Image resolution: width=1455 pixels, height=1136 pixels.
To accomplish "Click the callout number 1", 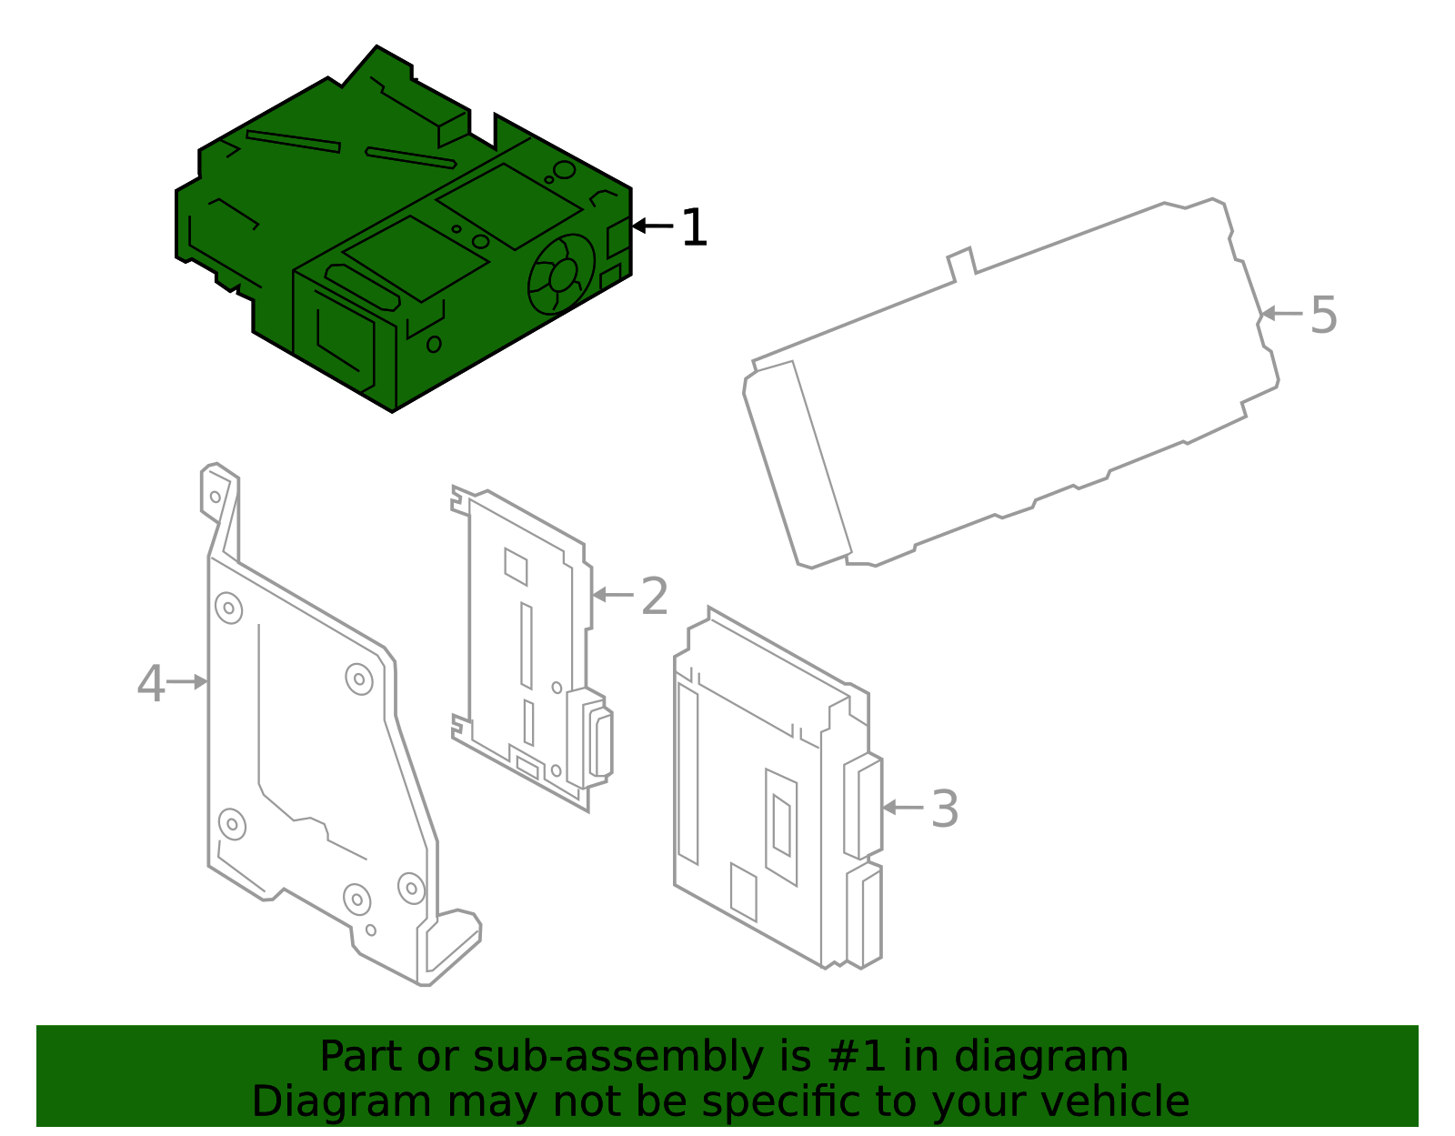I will pyautogui.click(x=694, y=227).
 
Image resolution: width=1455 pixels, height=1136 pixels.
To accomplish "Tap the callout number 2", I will pyautogui.click(x=655, y=597).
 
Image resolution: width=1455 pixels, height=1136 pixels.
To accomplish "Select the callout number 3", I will pyautogui.click(x=945, y=809).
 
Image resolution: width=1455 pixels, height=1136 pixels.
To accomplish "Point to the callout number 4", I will pyautogui.click(x=151, y=683).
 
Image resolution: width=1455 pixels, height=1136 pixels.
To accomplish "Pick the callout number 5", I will pyautogui.click(x=1323, y=316).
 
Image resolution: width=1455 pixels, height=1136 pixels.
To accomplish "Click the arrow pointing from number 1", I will pyautogui.click(x=652, y=226).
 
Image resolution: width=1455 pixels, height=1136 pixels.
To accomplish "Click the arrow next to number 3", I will pyautogui.click(x=902, y=807).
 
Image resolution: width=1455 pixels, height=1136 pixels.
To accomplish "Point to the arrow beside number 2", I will pyautogui.click(x=613, y=595).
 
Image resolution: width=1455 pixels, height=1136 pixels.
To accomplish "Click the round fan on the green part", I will pyautogui.click(x=561, y=274).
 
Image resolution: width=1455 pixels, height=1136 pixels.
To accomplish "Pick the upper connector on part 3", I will pyautogui.click(x=864, y=807).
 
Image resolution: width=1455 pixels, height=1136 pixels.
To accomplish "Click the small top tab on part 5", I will pyautogui.click(x=961, y=262).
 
